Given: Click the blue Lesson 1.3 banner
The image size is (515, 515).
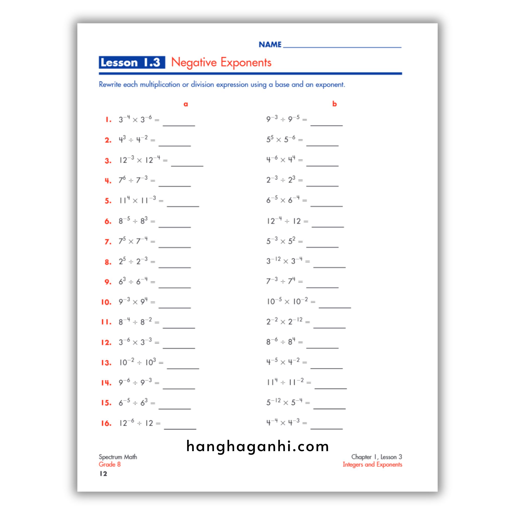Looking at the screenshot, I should coord(132,62).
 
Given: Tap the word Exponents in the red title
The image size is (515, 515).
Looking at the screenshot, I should coord(245,62).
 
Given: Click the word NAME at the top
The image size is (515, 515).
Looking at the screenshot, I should coord(270,45).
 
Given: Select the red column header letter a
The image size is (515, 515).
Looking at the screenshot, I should coord(186,104).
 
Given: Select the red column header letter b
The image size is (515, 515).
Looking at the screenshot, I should coord(334,104).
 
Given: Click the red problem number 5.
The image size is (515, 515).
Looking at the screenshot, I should coord(108,201).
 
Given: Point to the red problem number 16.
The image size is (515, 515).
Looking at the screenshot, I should coord(106,423).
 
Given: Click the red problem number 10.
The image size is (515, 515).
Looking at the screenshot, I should coord(106,302).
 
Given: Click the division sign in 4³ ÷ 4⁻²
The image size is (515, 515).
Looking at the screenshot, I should coord(131,140).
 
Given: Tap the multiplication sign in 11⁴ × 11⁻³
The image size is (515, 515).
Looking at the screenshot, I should coord(135,201).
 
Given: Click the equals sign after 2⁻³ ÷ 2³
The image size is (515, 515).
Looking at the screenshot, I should coord(301,181).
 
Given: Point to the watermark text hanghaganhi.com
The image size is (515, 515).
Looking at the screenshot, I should coord(257,447).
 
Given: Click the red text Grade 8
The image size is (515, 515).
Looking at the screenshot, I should coord(110,464).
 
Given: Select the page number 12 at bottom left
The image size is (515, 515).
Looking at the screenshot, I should coord(103,474).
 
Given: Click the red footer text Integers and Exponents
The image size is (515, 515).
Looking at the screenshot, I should coord(372,464).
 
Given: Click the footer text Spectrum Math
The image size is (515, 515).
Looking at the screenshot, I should coord(118,457).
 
